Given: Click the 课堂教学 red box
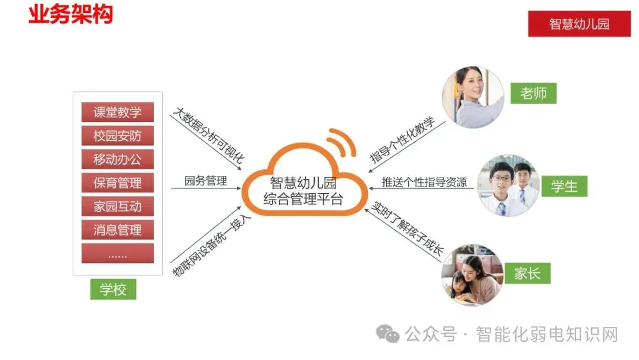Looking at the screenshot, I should click(x=117, y=112).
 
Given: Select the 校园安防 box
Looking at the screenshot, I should click(x=117, y=136).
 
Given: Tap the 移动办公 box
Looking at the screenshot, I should click(x=117, y=159).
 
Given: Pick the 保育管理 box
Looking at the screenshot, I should click(x=117, y=182).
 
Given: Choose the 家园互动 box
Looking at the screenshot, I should click(x=117, y=206).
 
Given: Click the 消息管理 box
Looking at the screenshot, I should click(x=117, y=230).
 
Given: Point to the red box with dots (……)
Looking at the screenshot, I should click(x=117, y=253).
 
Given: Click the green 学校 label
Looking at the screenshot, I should click(x=113, y=290).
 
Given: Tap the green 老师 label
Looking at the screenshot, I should click(x=534, y=93).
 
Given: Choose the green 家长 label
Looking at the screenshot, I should click(x=527, y=274).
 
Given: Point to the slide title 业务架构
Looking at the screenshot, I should click(x=70, y=15).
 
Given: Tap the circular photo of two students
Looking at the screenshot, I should click(x=508, y=186).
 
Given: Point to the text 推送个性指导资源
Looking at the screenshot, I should click(x=424, y=182).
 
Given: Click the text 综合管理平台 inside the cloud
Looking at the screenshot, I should click(x=303, y=198).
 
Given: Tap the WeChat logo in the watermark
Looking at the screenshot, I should click(x=389, y=335).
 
